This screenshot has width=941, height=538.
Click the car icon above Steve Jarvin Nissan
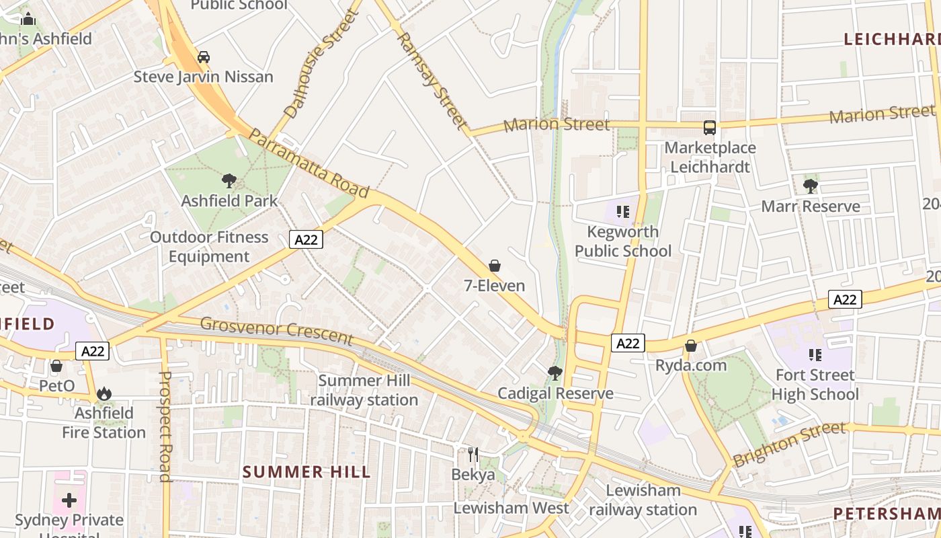(204, 57)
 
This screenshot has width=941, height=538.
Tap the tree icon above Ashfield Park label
(229, 180)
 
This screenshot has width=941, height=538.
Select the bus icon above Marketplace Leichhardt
(709, 128)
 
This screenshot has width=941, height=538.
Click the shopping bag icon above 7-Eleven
(495, 266)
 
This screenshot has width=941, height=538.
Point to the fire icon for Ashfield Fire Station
(104, 393)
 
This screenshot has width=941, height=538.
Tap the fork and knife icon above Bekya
(473, 455)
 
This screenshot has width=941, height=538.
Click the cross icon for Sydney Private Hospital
(69, 500)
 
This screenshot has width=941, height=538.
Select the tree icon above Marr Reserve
(811, 186)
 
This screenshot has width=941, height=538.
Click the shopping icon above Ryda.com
(690, 346)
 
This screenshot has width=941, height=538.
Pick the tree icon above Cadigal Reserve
(555, 373)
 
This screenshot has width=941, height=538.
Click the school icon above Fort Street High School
(815, 355)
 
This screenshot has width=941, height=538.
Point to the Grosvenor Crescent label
(276, 330)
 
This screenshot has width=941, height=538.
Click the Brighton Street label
(790, 444)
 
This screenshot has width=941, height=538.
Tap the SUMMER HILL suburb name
(306, 472)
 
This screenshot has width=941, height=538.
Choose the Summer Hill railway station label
(364, 390)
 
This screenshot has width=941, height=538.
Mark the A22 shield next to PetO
(92, 350)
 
